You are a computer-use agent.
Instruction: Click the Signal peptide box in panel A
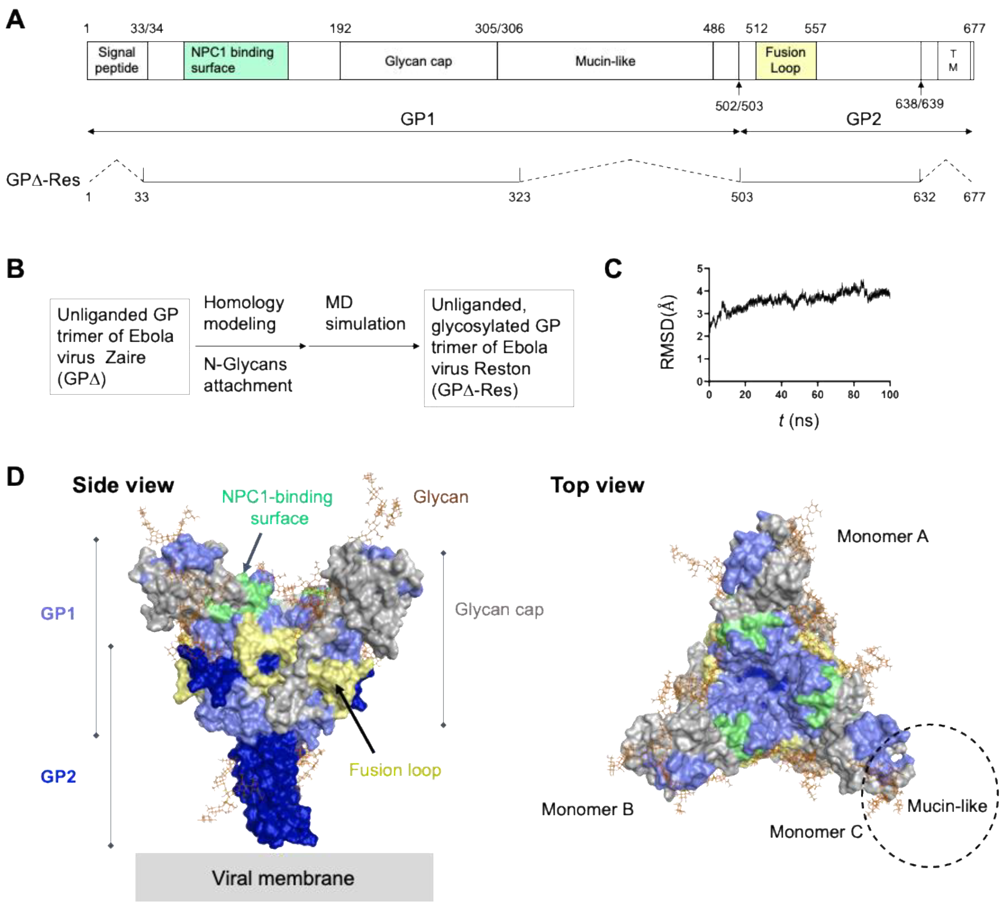tap(117, 60)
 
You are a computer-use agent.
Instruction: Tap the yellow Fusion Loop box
tap(785, 60)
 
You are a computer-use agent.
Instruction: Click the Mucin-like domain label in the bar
tap(605, 61)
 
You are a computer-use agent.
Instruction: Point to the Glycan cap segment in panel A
tap(418, 61)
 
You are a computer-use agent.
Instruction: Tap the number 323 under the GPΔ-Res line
tap(519, 197)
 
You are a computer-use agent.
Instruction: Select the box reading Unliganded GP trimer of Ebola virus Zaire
tap(120, 347)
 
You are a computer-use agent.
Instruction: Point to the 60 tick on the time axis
tap(817, 394)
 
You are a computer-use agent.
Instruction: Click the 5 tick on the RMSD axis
tap(700, 269)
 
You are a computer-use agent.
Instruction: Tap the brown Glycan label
tap(441, 497)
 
